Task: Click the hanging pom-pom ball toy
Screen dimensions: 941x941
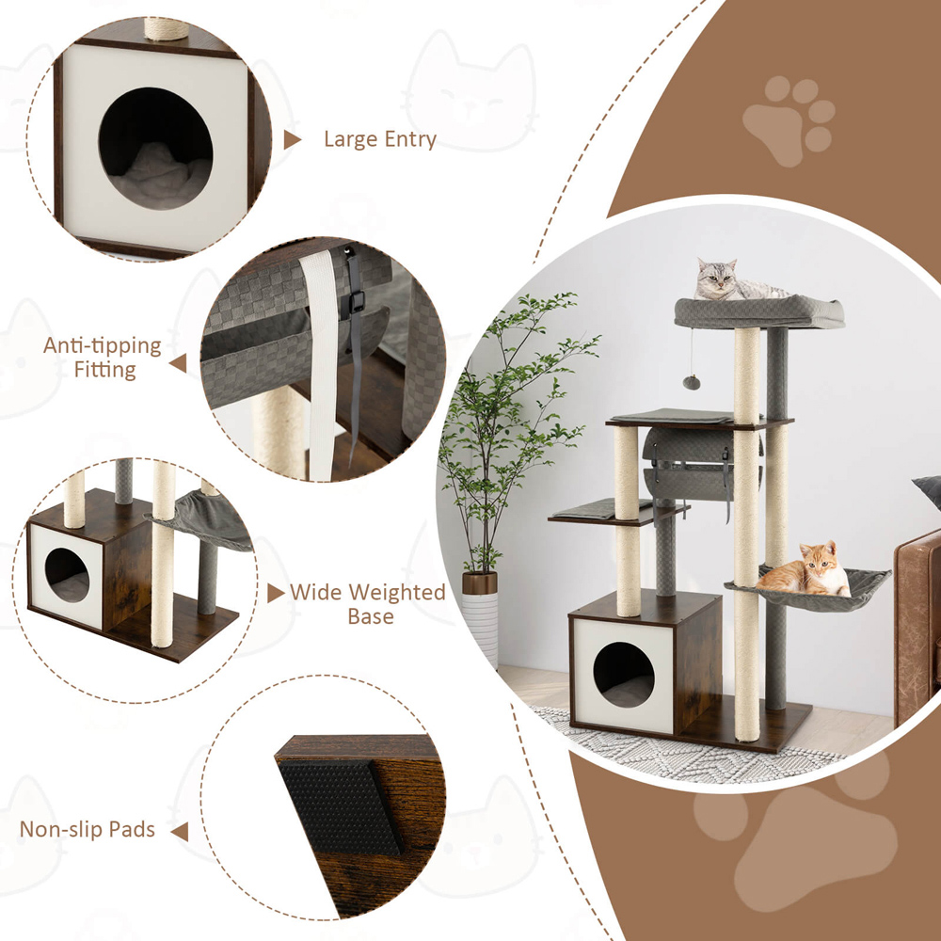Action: [692, 382]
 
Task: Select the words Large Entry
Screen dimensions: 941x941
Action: [380, 139]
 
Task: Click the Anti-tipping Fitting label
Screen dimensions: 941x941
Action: [103, 358]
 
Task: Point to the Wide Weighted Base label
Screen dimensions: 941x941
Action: [368, 604]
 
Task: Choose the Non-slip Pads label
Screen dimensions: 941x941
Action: [88, 829]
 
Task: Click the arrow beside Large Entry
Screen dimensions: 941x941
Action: [292, 140]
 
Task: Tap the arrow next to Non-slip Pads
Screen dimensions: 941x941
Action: [180, 832]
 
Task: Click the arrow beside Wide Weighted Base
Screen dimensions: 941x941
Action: [276, 593]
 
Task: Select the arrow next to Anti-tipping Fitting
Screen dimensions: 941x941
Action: [178, 363]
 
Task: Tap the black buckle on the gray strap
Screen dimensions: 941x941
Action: [356, 301]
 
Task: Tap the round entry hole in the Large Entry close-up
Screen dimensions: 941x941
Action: [155, 149]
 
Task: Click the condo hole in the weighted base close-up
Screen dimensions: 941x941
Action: [67, 575]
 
